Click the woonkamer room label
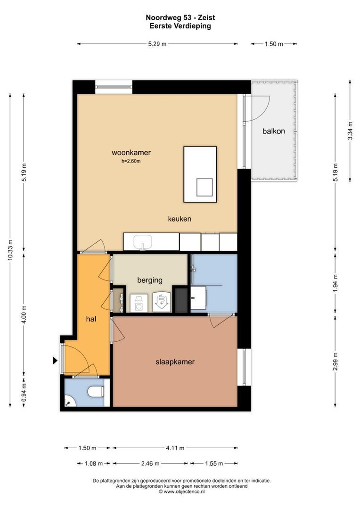131,153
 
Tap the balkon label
274,131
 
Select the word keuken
180,219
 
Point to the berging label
150,280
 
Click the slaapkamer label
175,361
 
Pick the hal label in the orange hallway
91,319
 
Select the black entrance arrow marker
55,361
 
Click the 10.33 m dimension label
10,250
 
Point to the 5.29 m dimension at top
157,44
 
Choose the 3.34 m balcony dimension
350,131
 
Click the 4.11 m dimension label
175,448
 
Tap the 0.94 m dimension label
24,393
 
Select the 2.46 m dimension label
150,464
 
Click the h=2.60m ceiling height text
131,161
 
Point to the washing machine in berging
139,303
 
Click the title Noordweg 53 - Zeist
180,17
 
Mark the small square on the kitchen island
205,187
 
